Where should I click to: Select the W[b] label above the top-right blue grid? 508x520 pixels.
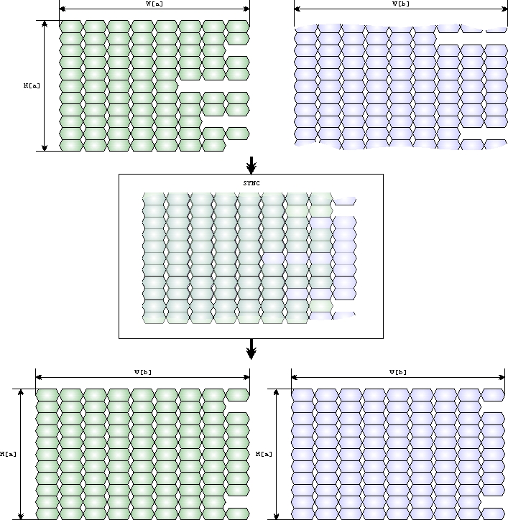click(400, 4)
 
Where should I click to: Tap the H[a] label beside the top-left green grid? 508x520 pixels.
click(32, 85)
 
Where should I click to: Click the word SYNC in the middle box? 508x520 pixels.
click(251, 183)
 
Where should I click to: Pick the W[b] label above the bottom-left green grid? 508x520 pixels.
click(142, 372)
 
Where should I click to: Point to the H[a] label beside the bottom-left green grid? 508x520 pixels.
click(9, 453)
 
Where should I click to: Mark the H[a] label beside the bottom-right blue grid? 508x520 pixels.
click(264, 453)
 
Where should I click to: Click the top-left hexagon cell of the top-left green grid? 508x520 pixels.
click(70, 27)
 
